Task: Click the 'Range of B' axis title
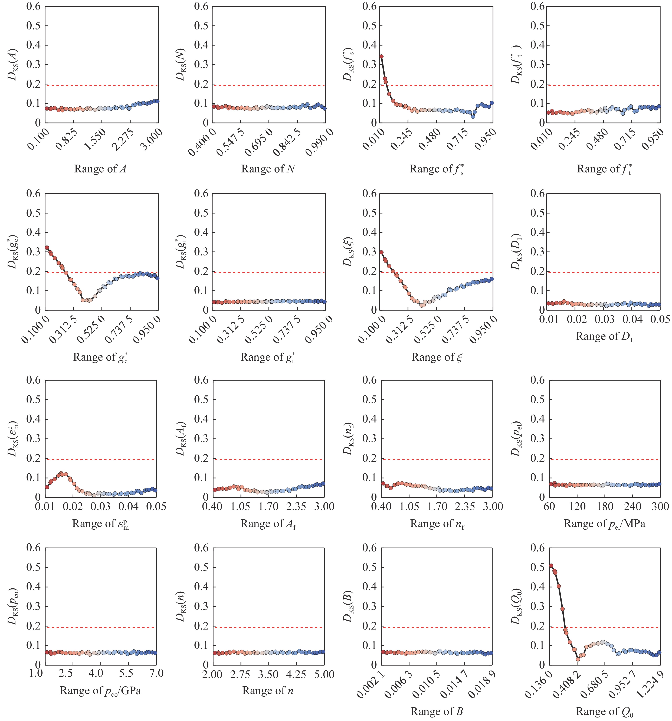(x=437, y=712)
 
